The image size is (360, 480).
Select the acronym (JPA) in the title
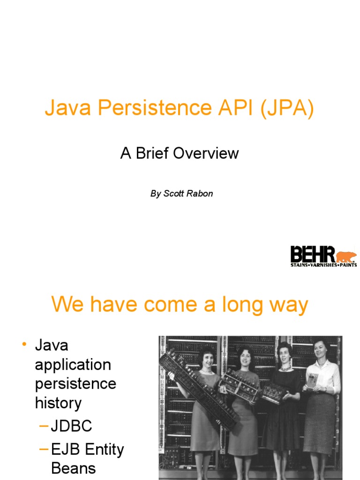284,109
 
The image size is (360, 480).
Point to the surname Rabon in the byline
201,194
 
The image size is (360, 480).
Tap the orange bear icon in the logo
346,256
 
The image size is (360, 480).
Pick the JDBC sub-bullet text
71,426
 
